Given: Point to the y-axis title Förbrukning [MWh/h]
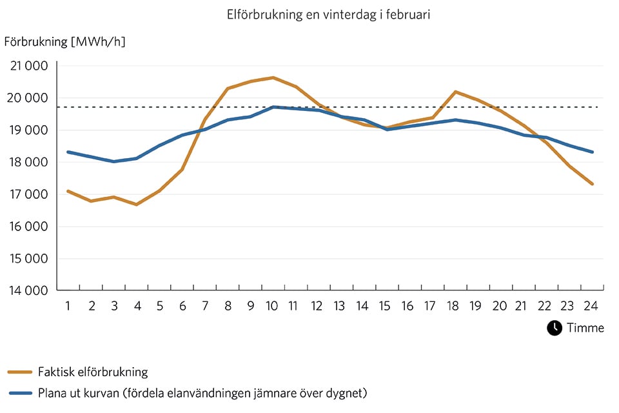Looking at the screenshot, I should tap(64, 42).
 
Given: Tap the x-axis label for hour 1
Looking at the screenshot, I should tap(68, 306).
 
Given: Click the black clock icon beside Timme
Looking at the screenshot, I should tap(555, 328).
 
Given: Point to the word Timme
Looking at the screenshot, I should tap(585, 328).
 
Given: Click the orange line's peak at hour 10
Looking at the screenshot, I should tap(273, 77).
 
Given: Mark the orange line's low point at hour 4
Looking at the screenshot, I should tap(136, 204).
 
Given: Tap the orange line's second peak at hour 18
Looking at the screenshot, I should tap(455, 92).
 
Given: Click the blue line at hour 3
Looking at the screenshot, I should tap(113, 161).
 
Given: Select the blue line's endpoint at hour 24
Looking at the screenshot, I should tap(592, 152).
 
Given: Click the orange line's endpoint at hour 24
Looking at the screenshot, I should tap(592, 184).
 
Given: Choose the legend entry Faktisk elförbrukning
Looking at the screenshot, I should tap(93, 372).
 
